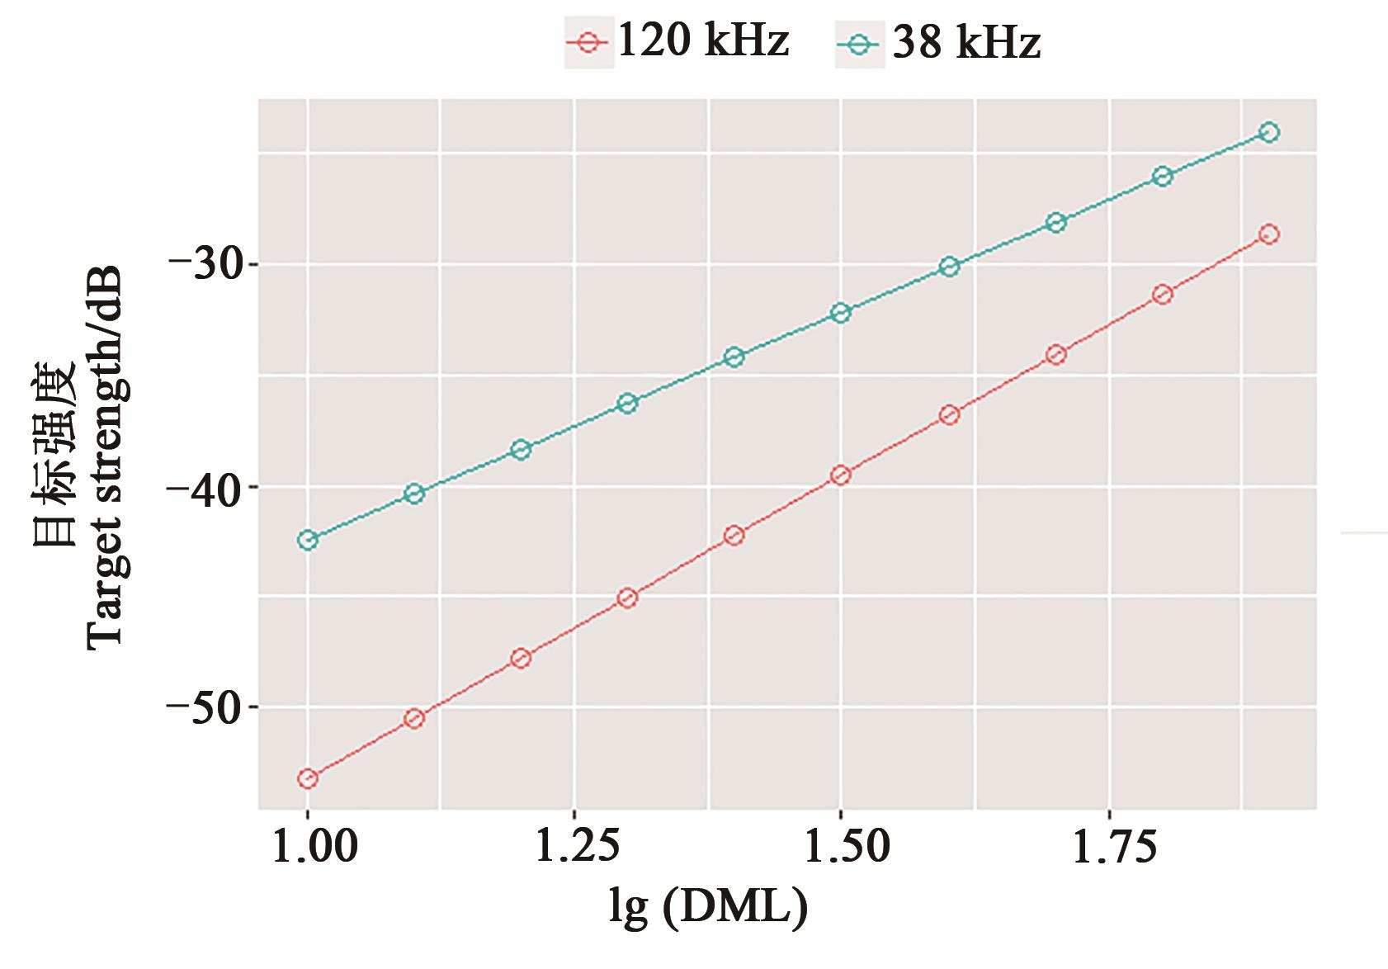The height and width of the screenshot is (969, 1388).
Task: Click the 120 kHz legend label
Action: pyautogui.click(x=702, y=41)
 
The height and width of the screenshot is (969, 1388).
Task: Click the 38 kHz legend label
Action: pyautogui.click(x=965, y=43)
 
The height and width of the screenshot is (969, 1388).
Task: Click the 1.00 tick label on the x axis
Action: pyautogui.click(x=308, y=848)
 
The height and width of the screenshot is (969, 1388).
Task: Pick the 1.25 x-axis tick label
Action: pyautogui.click(x=574, y=848)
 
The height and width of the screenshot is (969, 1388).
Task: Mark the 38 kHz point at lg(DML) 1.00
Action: pyautogui.click(x=308, y=541)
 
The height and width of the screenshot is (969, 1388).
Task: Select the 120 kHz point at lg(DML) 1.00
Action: pyautogui.click(x=308, y=778)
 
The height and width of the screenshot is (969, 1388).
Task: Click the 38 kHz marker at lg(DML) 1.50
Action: pyautogui.click(x=841, y=313)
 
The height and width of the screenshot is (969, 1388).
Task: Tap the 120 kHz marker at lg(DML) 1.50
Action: pyautogui.click(x=841, y=475)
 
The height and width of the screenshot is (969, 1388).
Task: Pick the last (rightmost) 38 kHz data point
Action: pyautogui.click(x=1269, y=132)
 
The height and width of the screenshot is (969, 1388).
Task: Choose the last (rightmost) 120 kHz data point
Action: pyautogui.click(x=1269, y=234)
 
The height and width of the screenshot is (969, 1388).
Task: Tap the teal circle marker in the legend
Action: pyautogui.click(x=859, y=44)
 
